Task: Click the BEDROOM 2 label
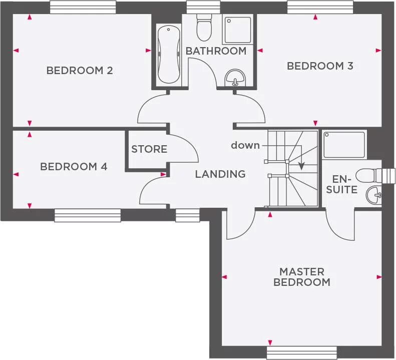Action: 80,71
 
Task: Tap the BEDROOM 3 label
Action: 320,66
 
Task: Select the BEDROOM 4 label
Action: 74,167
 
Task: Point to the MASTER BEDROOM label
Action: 301,277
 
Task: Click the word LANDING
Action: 220,174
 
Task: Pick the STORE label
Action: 149,149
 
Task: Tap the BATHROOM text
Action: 216,51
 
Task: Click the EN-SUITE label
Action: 345,184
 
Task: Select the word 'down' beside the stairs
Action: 245,145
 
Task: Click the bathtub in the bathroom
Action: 168,55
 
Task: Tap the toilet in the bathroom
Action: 204,28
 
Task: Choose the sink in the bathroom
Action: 235,78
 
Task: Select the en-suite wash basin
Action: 373,195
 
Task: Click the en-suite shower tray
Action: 344,145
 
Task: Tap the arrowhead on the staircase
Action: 301,166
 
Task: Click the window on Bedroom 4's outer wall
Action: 88,215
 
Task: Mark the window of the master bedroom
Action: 292,353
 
